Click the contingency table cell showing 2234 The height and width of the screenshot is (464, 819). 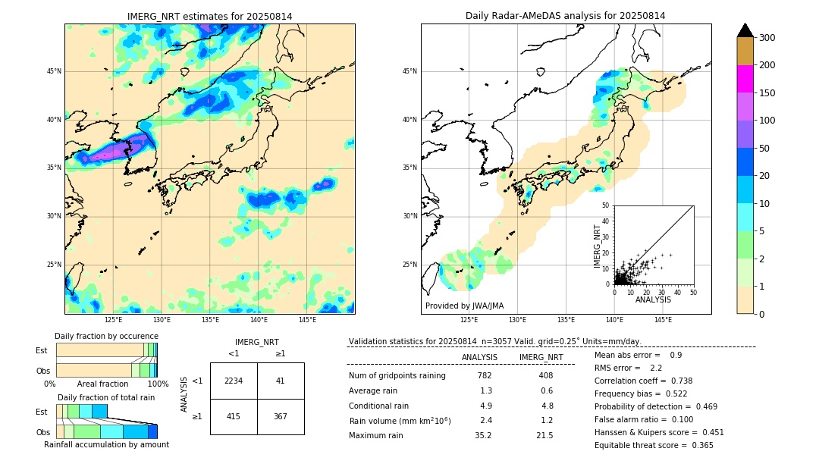point(234,381)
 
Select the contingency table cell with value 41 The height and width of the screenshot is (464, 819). point(281,381)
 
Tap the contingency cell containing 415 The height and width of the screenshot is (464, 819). point(234,416)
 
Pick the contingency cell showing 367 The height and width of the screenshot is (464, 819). point(281,416)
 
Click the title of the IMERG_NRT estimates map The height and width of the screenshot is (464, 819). point(209,17)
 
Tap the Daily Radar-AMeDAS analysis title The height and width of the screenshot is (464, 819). point(565,17)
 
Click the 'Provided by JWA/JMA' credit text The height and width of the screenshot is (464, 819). point(464,306)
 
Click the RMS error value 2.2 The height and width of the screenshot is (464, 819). point(657,368)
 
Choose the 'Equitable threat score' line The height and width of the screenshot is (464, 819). point(654,446)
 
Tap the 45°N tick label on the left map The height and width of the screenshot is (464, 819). point(54,71)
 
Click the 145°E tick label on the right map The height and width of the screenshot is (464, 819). point(663,320)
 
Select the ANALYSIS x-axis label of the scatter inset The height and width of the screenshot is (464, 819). point(653,300)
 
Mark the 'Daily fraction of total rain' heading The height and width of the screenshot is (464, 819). point(105,398)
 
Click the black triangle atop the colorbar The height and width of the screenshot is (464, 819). point(745,30)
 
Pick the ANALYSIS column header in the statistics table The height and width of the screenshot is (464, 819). point(479,358)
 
